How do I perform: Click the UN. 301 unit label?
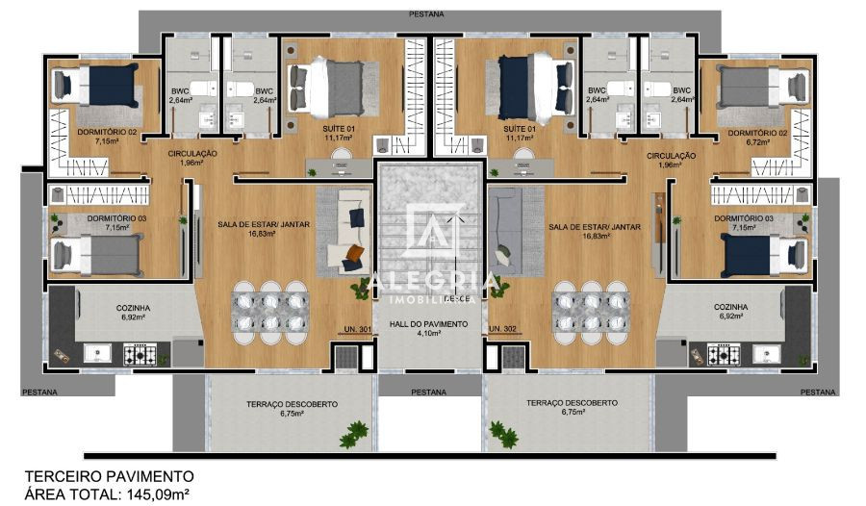(358, 329)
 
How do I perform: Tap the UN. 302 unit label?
(503, 329)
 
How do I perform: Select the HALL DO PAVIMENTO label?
(429, 324)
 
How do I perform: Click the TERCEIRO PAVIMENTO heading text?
(109, 476)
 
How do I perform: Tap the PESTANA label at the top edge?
(427, 14)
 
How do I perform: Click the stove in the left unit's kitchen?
(140, 355)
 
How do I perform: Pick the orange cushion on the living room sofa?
(354, 254)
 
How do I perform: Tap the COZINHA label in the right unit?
(731, 307)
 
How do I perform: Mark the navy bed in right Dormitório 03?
(754, 256)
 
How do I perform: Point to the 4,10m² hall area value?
(429, 334)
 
